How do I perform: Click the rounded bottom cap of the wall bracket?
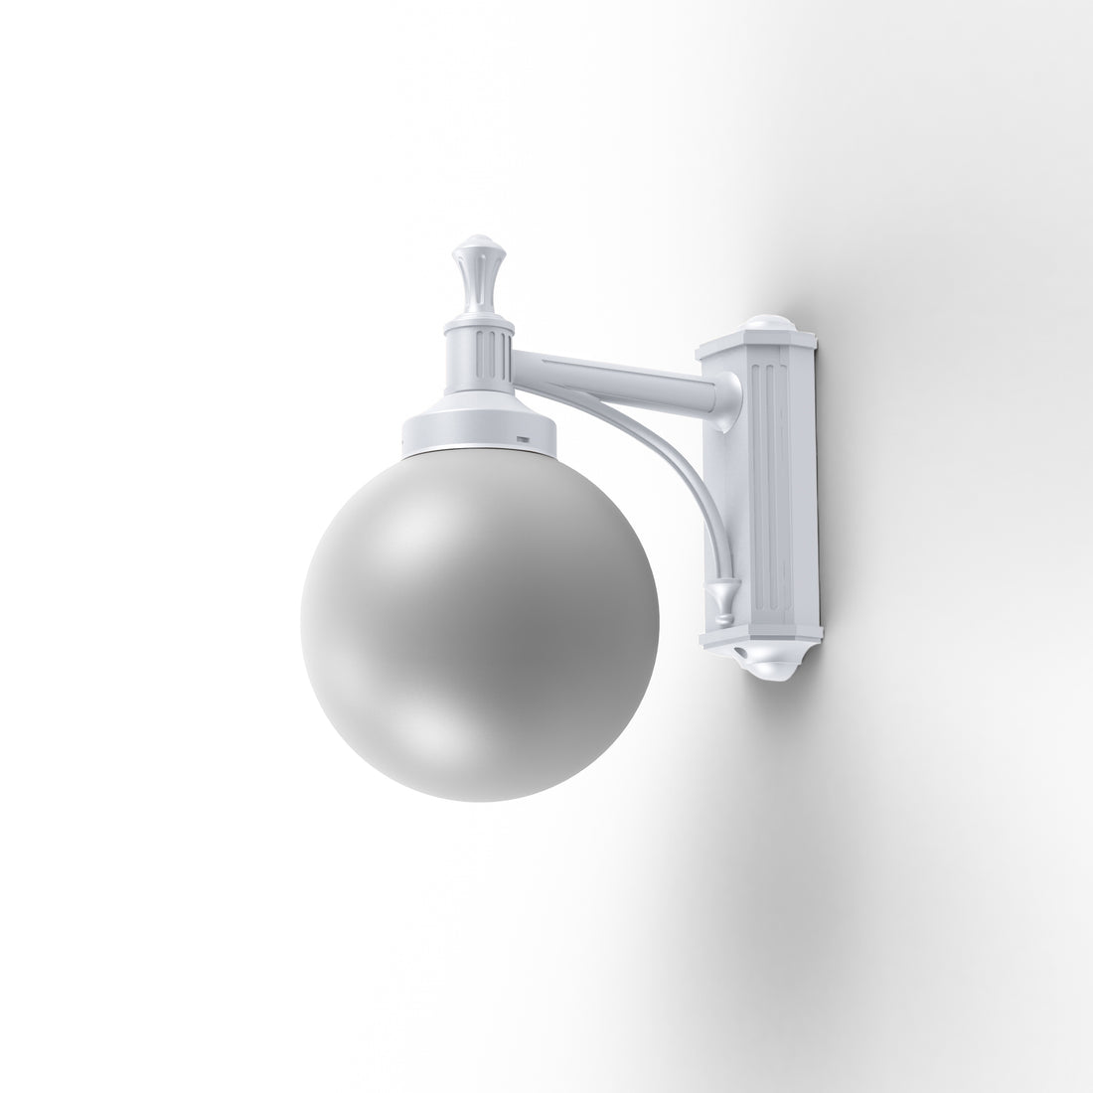pos(765,667)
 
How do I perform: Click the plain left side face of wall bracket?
pos(716,497)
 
